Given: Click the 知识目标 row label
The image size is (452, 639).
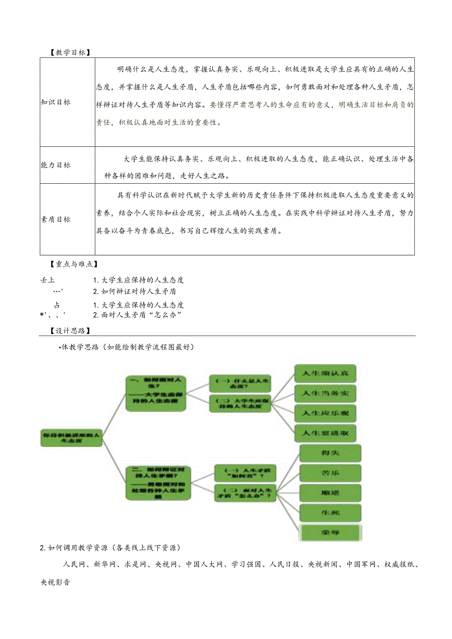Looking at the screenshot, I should coord(56,102).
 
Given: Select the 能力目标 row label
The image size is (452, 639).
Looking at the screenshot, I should coord(56,165).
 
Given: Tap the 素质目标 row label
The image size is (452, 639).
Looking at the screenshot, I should coord(56,220).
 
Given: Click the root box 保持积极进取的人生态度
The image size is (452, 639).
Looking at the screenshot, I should coord(72,438).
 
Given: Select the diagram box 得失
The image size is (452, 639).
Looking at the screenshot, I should coord(330,453).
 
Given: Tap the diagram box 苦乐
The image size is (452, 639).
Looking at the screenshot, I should coord(330,472).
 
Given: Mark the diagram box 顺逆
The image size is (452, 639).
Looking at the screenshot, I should coord(330,493).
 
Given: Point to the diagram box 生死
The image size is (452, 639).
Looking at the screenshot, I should coord(330,512).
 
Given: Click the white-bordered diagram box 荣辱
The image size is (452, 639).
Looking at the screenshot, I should coord(330,532).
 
